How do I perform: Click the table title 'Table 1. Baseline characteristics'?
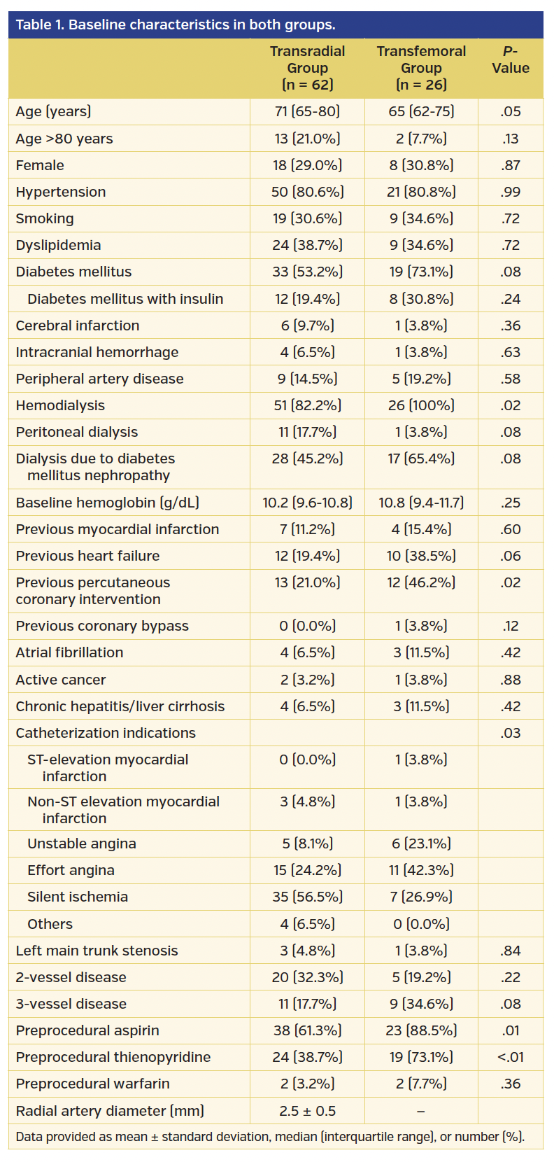pyautogui.click(x=175, y=24)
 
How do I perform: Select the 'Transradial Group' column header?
pyautogui.click(x=307, y=68)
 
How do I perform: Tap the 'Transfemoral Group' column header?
pyautogui.click(x=421, y=68)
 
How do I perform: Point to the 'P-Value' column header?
pyautogui.click(x=510, y=59)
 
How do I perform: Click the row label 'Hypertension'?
pyautogui.click(x=61, y=192)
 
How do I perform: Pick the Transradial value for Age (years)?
pyautogui.click(x=307, y=111)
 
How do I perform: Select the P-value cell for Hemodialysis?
pyautogui.click(x=510, y=405)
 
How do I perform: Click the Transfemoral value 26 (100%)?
pyautogui.click(x=421, y=405)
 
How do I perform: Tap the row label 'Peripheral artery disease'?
pyautogui.click(x=99, y=379)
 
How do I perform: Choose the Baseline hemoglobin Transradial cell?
pyautogui.click(x=307, y=503)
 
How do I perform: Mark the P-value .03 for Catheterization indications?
pyautogui.click(x=510, y=733)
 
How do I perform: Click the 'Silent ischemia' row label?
pyautogui.click(x=78, y=897)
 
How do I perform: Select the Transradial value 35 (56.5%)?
pyautogui.click(x=307, y=897)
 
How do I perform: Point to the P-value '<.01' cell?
pyautogui.click(x=510, y=1057)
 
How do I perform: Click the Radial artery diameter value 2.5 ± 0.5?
pyautogui.click(x=307, y=1111)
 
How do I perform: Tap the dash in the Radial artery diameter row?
pyautogui.click(x=421, y=1111)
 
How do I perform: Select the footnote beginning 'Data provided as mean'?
pyautogui.click(x=269, y=1137)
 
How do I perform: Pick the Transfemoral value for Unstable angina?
pyautogui.click(x=421, y=843)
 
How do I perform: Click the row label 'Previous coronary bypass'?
pyautogui.click(x=102, y=626)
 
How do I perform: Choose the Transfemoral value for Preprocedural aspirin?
pyautogui.click(x=421, y=1030)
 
